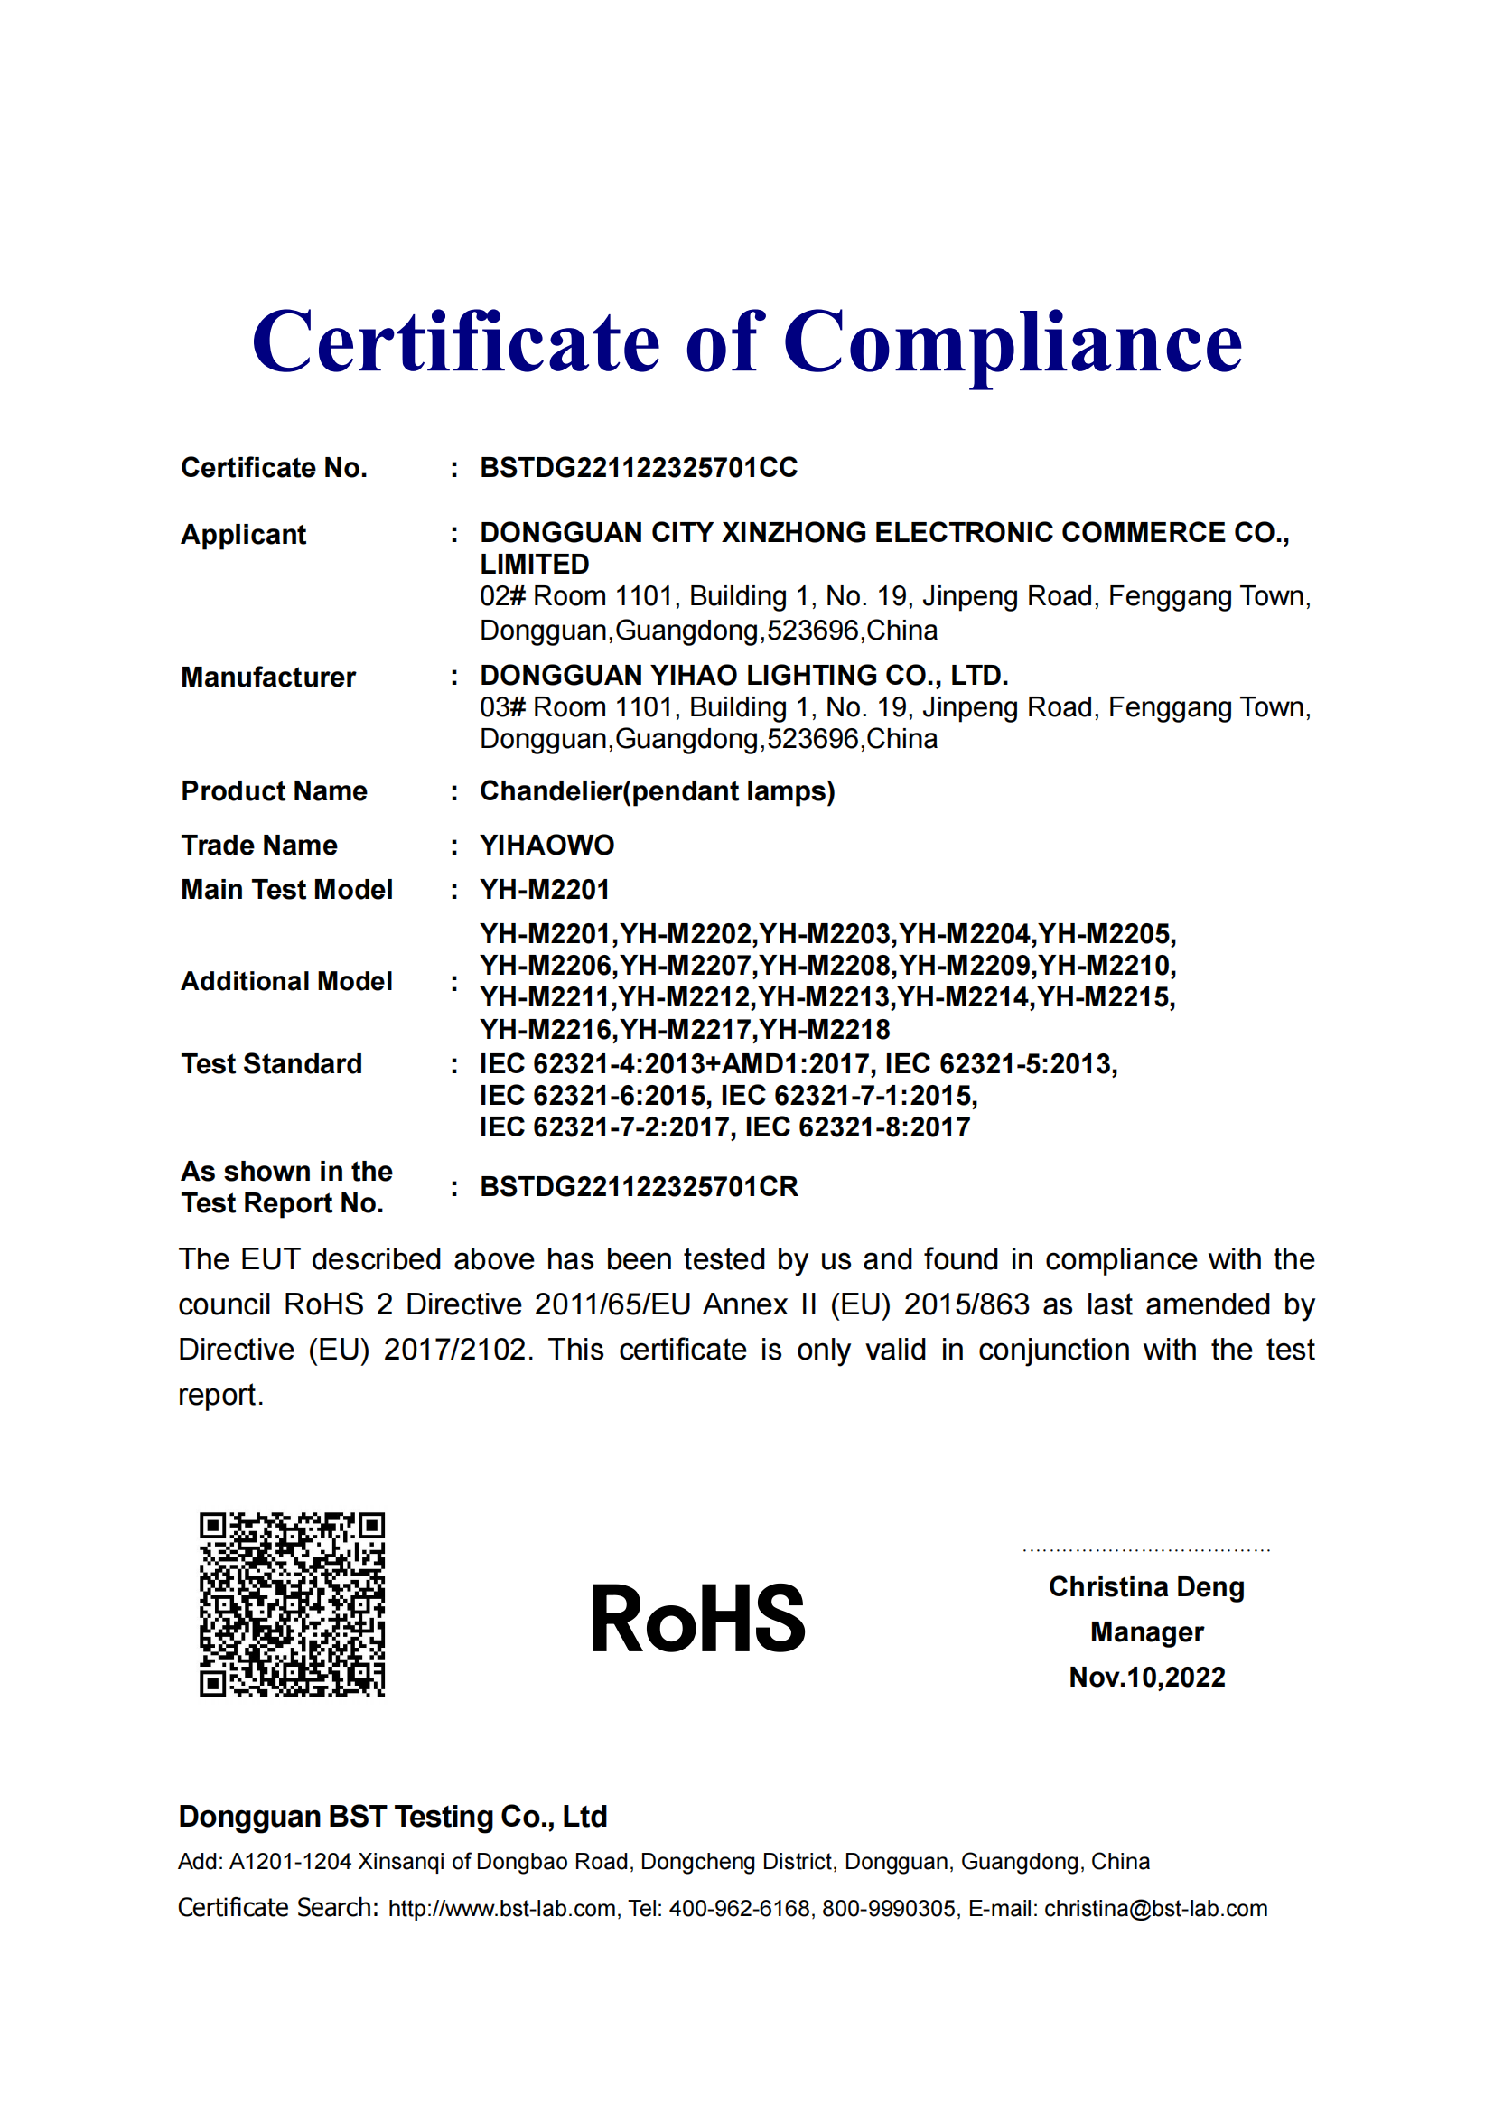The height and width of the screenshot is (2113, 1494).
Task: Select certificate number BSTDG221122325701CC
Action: click(639, 468)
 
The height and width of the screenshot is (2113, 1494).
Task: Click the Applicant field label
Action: click(243, 534)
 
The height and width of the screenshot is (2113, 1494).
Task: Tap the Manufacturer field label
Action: click(267, 678)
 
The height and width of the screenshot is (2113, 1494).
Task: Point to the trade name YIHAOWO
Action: click(546, 845)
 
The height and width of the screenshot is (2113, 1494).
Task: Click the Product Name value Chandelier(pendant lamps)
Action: click(657, 791)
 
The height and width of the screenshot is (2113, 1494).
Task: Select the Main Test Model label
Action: click(286, 890)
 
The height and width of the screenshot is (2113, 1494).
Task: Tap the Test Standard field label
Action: click(271, 1064)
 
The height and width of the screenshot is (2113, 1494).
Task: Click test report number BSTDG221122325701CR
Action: click(639, 1187)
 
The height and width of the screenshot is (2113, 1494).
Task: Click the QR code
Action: click(292, 1603)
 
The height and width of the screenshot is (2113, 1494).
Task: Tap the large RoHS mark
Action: click(697, 1619)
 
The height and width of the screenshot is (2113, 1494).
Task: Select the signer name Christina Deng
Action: click(1146, 1586)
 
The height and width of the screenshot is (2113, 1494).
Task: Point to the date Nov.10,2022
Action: click(1146, 1677)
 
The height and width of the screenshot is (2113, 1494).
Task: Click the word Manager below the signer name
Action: click(1146, 1631)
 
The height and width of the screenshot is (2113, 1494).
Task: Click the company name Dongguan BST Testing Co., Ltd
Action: click(393, 1817)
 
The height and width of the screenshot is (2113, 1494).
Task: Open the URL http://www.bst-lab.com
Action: click(501, 1909)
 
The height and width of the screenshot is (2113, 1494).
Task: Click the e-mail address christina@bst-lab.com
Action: click(1154, 1909)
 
